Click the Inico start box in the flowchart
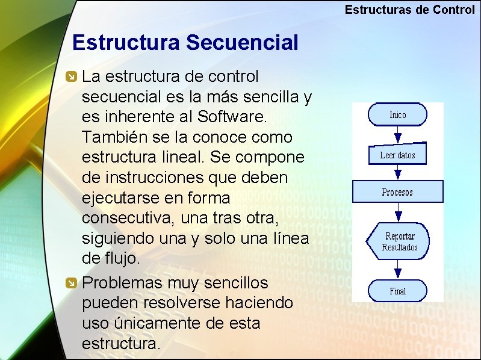click(397, 114)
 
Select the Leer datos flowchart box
click(397, 155)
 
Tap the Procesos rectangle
click(397, 192)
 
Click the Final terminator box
click(397, 291)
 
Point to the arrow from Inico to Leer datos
click(397, 134)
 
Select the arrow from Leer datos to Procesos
click(397, 172)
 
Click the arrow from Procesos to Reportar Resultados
click(397, 213)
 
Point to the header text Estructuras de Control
click(409, 10)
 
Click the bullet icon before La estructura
click(71, 77)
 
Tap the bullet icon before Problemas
click(71, 283)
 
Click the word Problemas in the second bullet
click(125, 283)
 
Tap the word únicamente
click(154, 323)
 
